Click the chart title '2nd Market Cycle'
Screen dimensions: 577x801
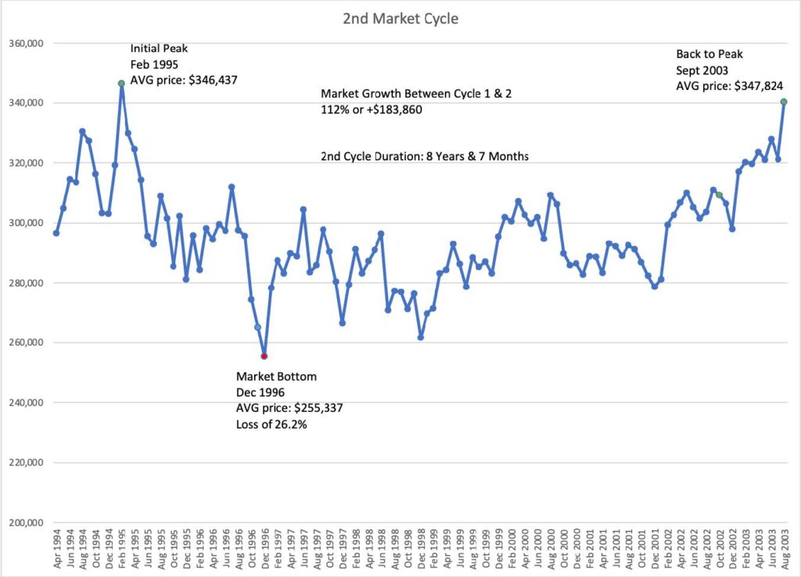(400, 18)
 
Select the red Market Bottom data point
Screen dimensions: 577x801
(264, 356)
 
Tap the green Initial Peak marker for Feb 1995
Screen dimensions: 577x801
(121, 84)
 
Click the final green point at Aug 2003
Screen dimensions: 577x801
(784, 102)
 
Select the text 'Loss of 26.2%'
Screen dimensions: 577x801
(271, 425)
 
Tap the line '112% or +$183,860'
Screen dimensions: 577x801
(372, 110)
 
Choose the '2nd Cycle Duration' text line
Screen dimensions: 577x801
(425, 156)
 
